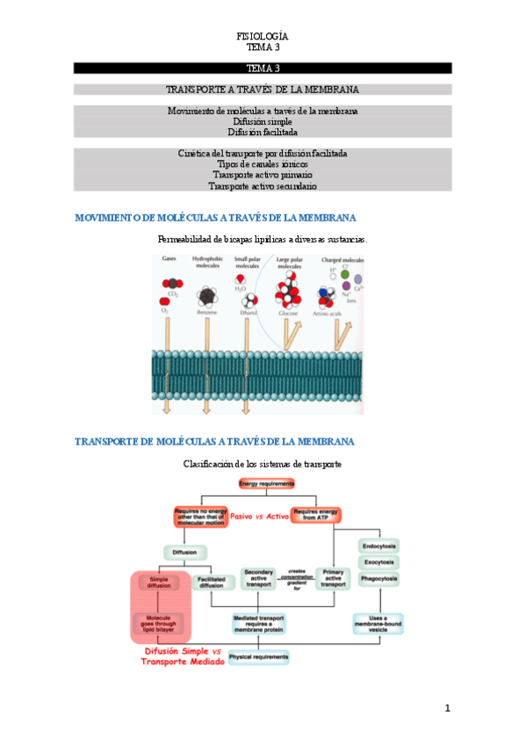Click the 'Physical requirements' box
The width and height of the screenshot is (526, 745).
pos(258,656)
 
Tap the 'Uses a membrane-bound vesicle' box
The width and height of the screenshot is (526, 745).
pos(378,623)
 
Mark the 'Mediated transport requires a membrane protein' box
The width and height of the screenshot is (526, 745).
pos(258,623)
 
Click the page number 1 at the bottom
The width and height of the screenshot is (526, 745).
pos(447,708)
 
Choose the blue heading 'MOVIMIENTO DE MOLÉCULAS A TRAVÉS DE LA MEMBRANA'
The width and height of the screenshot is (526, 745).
pos(215,218)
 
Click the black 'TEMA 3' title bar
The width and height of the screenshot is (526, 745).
pos(263,68)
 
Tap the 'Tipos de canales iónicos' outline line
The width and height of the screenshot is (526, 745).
pos(263,163)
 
